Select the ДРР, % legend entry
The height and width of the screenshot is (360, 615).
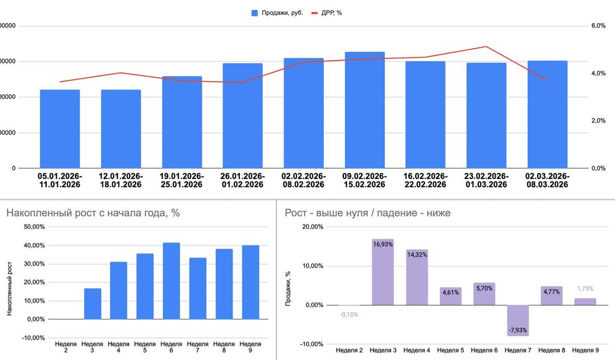pyautogui.click(x=327, y=13)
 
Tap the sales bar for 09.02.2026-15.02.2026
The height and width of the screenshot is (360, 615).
pyautogui.click(x=364, y=110)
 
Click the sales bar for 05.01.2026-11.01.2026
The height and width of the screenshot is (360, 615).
pyautogui.click(x=60, y=129)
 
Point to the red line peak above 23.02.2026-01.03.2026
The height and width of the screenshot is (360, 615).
pyautogui.click(x=486, y=47)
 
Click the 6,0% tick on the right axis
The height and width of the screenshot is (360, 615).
pyautogui.click(x=599, y=26)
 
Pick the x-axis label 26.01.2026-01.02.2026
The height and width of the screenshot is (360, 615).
pyautogui.click(x=242, y=181)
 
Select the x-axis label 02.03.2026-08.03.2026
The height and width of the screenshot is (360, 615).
pyautogui.click(x=547, y=181)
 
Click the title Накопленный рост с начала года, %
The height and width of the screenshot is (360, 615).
pyautogui.click(x=93, y=213)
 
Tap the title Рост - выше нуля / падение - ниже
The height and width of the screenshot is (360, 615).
pyautogui.click(x=367, y=213)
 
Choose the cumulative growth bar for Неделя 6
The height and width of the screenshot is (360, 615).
pyautogui.click(x=171, y=281)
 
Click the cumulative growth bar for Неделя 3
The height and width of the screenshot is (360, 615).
pyautogui.click(x=92, y=304)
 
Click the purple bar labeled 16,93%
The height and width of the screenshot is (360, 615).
pyautogui.click(x=383, y=272)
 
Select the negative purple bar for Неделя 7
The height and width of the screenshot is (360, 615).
pyautogui.click(x=518, y=320)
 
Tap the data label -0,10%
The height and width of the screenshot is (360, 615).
pyautogui.click(x=349, y=314)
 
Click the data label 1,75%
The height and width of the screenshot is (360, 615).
pyautogui.click(x=585, y=289)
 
